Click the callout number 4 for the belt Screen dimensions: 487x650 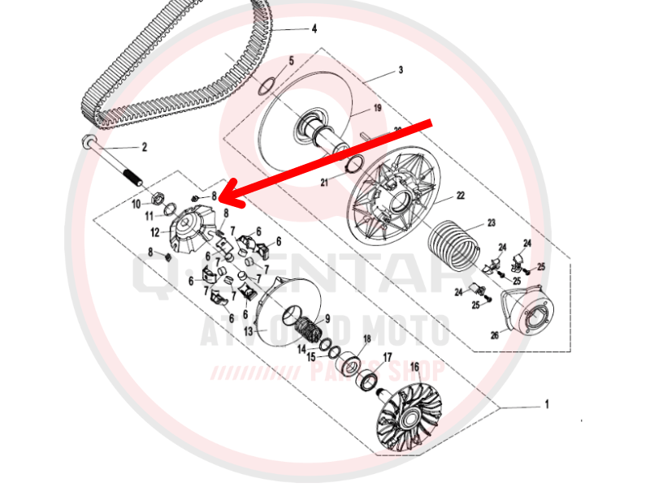pyautogui.click(x=314, y=29)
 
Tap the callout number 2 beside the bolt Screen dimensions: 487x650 pyautogui.click(x=145, y=148)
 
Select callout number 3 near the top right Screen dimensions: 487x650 pyautogui.click(x=401, y=71)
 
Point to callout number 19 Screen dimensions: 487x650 pyautogui.click(x=377, y=108)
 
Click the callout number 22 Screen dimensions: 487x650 pyautogui.click(x=460, y=196)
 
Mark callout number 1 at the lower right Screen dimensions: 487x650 pyautogui.click(x=547, y=403)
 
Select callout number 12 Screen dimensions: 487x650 pyautogui.click(x=154, y=232)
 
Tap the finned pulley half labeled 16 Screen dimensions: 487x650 pyautogui.click(x=409, y=416)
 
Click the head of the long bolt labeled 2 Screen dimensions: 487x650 pyautogui.click(x=87, y=141)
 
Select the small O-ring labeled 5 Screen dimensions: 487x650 pyautogui.click(x=264, y=84)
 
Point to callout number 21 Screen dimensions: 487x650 pyautogui.click(x=324, y=183)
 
